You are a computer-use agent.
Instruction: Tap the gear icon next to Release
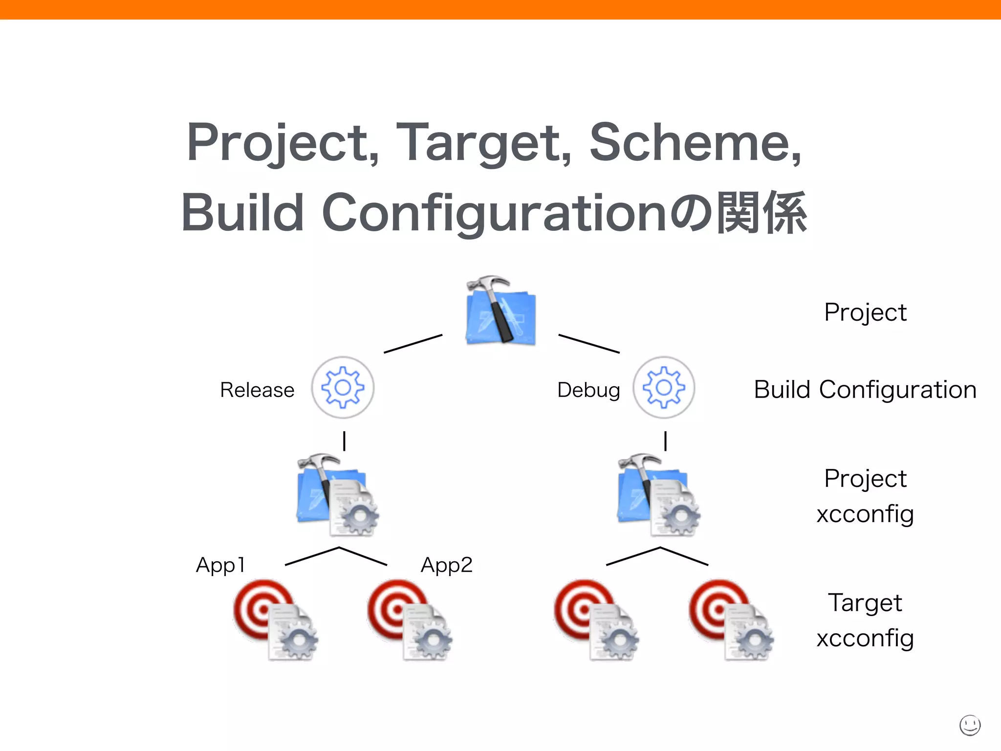tap(343, 387)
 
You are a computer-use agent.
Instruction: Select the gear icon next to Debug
tap(664, 387)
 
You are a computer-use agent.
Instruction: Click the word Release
tap(257, 390)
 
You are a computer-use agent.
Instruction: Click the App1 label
tap(220, 565)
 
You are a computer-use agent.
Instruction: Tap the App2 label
tap(447, 565)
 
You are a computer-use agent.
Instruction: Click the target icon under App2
tap(410, 619)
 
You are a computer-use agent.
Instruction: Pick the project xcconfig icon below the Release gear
tap(337, 495)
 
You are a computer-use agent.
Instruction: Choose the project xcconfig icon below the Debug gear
tap(658, 495)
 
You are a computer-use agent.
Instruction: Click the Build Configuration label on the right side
tap(865, 390)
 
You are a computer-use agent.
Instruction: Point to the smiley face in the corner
tap(970, 725)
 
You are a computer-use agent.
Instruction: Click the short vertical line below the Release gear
tap(345, 441)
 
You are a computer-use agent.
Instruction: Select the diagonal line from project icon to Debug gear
tap(589, 344)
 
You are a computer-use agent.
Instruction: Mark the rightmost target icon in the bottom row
tap(731, 619)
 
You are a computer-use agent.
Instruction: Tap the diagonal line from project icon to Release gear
tap(413, 344)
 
